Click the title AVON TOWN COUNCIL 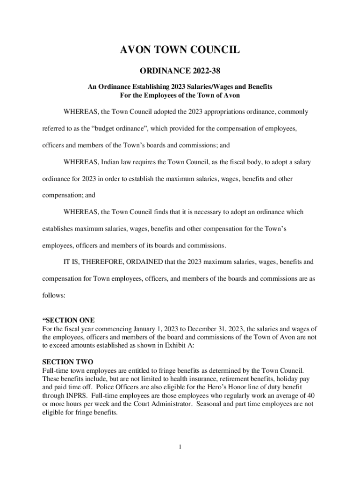[180, 50]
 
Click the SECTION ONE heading [69, 320]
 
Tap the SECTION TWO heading [68, 362]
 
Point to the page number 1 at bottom [180, 447]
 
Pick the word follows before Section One [53, 296]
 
